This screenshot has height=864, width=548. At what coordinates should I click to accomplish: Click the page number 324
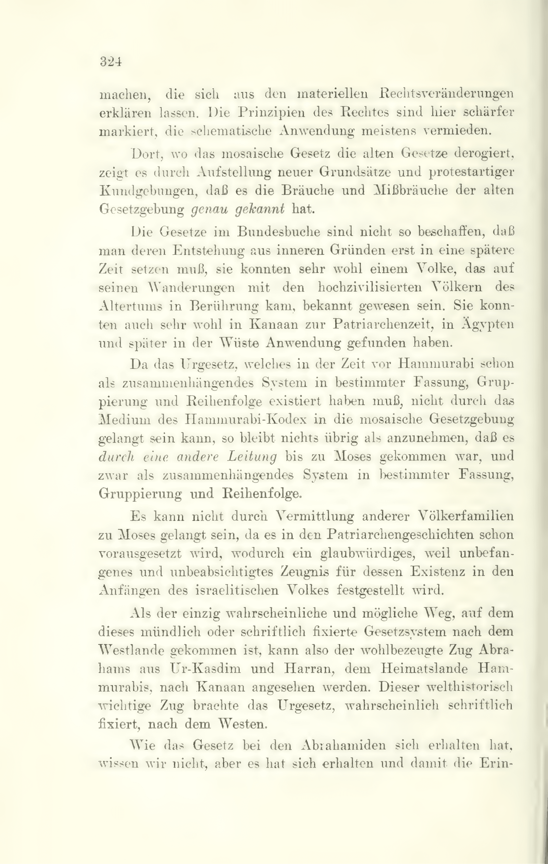tap(111, 62)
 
